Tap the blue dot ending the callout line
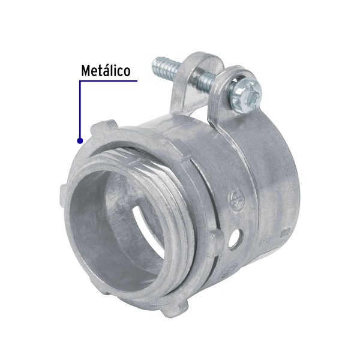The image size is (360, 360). [x=79, y=140]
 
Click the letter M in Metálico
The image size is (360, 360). [x=86, y=71]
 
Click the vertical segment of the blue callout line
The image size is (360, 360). [x=79, y=111]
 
